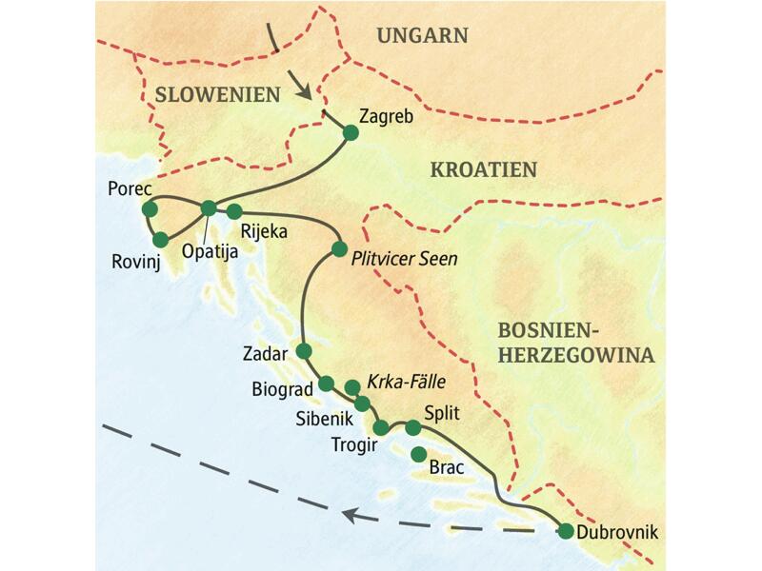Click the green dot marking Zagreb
[x=350, y=134]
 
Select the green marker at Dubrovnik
[x=566, y=532]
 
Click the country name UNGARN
[x=423, y=36]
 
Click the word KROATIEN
[x=484, y=170]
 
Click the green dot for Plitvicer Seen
[x=338, y=249]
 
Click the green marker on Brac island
[x=419, y=455]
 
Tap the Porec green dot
[x=149, y=208]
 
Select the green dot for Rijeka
[x=234, y=210]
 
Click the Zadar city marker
[x=304, y=351]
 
